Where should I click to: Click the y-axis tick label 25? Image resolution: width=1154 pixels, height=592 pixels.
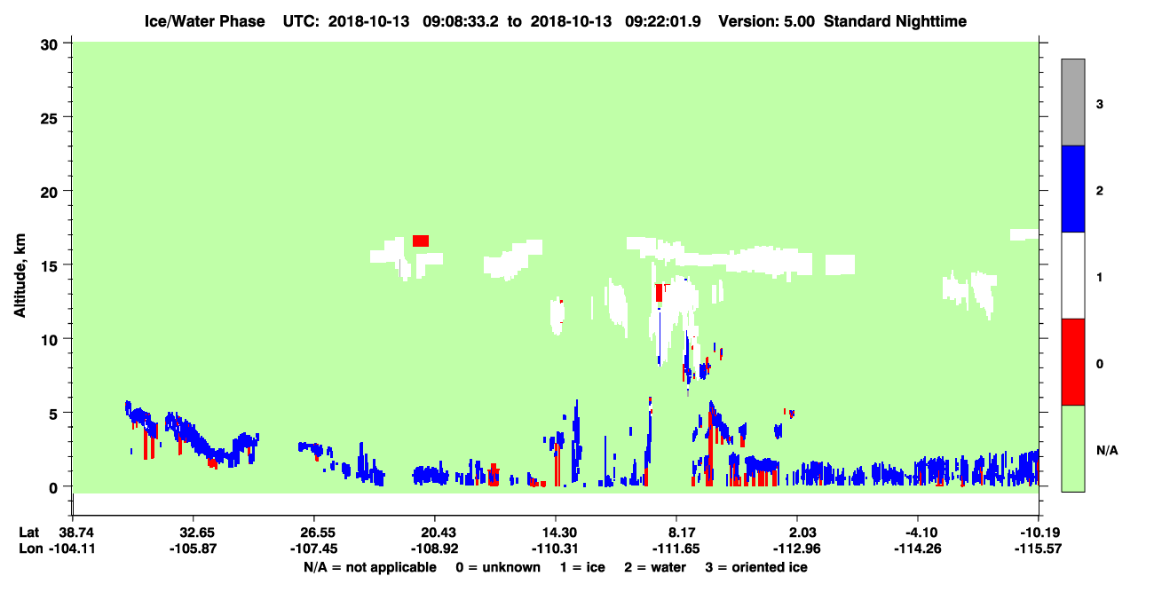(49, 118)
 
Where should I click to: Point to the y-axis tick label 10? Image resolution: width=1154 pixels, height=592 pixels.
(49, 340)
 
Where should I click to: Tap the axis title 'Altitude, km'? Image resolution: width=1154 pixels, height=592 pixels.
(20, 276)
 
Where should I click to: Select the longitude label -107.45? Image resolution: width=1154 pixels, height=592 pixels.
(313, 549)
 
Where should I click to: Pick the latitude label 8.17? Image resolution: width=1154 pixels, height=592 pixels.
(676, 533)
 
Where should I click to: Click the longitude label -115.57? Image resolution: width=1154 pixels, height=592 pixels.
(1038, 549)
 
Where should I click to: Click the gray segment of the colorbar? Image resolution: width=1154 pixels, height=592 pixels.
(1073, 102)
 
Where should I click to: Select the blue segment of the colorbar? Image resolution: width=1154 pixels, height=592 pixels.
(1073, 188)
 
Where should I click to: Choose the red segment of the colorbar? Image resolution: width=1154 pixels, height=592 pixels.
(1073, 362)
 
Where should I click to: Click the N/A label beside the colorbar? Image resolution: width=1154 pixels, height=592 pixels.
(1107, 451)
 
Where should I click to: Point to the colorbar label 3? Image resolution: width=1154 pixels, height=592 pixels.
(1099, 105)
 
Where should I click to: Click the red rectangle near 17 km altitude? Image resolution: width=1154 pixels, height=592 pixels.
(421, 241)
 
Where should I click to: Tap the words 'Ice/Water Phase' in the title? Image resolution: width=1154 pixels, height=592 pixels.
(204, 21)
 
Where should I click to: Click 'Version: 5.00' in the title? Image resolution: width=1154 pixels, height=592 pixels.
(767, 21)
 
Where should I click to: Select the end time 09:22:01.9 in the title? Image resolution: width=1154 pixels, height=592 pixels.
(662, 21)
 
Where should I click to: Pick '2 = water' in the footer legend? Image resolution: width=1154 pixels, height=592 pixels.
(655, 567)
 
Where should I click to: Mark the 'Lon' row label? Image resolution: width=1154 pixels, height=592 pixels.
(31, 549)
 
